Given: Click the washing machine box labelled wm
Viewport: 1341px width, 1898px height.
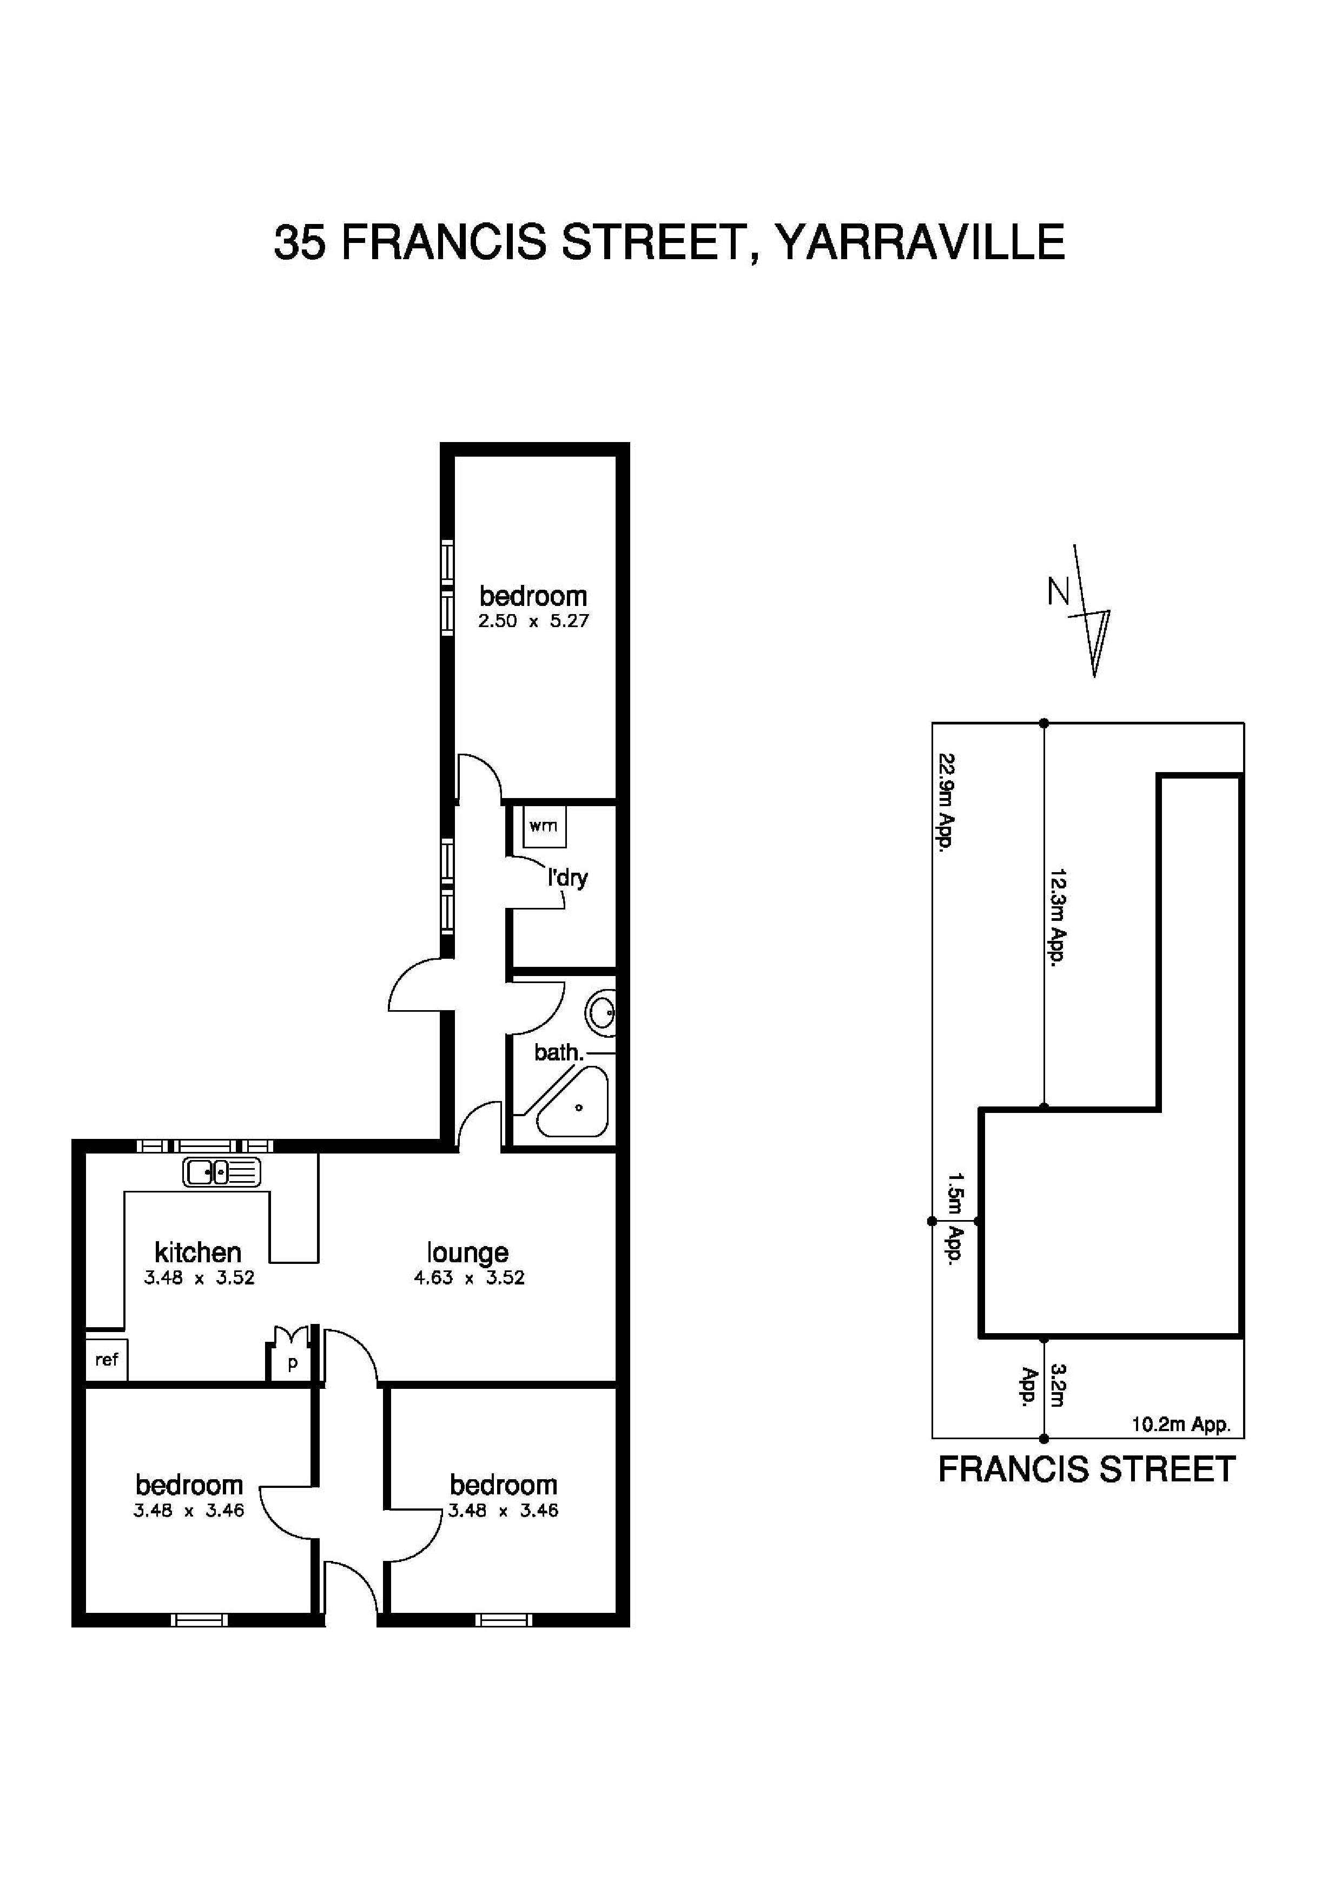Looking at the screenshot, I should point(544,826).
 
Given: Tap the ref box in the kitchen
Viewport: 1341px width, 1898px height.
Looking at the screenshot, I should point(107,1359).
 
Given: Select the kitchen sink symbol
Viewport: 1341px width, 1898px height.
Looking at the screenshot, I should point(221,1172).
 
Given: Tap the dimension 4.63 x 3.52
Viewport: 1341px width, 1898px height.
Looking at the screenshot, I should point(468,1278).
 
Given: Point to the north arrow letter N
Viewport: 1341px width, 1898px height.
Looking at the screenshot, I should point(1058,592).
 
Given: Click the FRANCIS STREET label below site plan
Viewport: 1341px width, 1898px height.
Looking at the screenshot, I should point(1087,1470).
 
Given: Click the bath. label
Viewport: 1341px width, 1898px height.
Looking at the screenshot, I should point(559,1053).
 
